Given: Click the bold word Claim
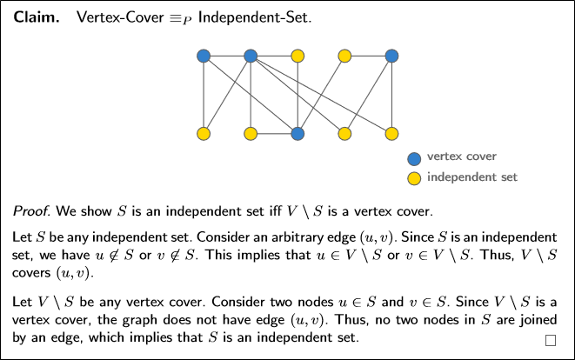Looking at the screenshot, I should point(36,17).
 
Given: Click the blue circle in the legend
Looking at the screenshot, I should point(414,158).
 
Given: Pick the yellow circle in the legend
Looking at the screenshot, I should point(414,178).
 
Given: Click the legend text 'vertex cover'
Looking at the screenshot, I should point(462,157).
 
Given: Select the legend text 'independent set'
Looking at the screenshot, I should point(472,177).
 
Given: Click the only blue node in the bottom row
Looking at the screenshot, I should point(298,134).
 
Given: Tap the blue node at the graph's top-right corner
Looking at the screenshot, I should point(391,57).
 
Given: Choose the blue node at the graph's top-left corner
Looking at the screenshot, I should point(204,57).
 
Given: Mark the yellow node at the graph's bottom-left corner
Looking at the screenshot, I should point(204,134).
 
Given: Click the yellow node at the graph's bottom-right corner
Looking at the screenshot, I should point(391,134).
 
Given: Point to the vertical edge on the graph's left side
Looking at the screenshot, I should point(204,96).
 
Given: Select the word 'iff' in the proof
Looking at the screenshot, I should point(311,211).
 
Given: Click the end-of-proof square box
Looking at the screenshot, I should point(550,341).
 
